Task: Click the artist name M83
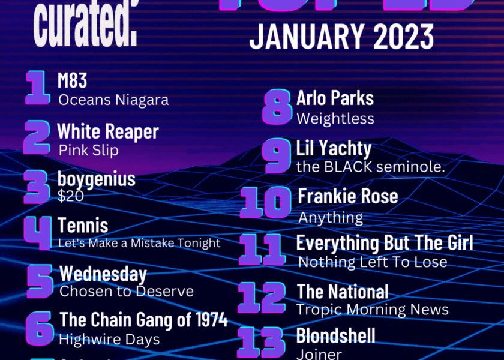point(73,80)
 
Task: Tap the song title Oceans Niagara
point(113,100)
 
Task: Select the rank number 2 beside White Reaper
point(37,137)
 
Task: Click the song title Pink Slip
point(89,150)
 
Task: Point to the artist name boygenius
point(97,179)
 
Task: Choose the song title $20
point(71,195)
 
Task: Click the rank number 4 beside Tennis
point(38,233)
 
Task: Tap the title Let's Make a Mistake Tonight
point(139,243)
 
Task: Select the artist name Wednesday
point(103,274)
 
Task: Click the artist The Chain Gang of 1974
point(144,320)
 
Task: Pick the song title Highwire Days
point(109,339)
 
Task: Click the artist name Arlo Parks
point(335,98)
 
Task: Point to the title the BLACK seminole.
point(371,167)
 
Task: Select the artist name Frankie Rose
point(348,196)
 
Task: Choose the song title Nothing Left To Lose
point(373,262)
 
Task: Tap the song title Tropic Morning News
point(373,310)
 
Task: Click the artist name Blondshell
point(336,335)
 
